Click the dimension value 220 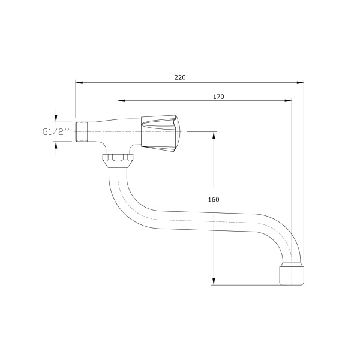[181, 77]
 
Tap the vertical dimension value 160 [214, 200]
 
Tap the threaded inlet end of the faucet [81, 131]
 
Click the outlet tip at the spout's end [292, 274]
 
